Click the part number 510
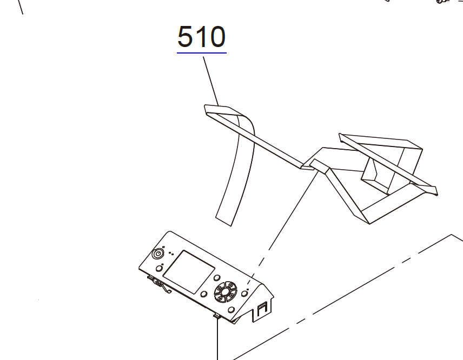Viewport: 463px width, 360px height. (x=202, y=37)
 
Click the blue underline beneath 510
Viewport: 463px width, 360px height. (x=202, y=53)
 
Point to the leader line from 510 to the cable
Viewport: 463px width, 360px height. (x=210, y=81)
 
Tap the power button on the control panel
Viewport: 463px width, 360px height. (x=158, y=254)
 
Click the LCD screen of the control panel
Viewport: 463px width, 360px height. (x=189, y=272)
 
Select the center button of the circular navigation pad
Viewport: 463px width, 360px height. (x=225, y=292)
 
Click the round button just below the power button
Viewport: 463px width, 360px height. (x=159, y=268)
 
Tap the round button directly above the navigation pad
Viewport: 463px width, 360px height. (x=217, y=278)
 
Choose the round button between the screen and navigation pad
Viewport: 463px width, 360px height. (x=204, y=294)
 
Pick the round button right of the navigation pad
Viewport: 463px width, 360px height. (x=244, y=294)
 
